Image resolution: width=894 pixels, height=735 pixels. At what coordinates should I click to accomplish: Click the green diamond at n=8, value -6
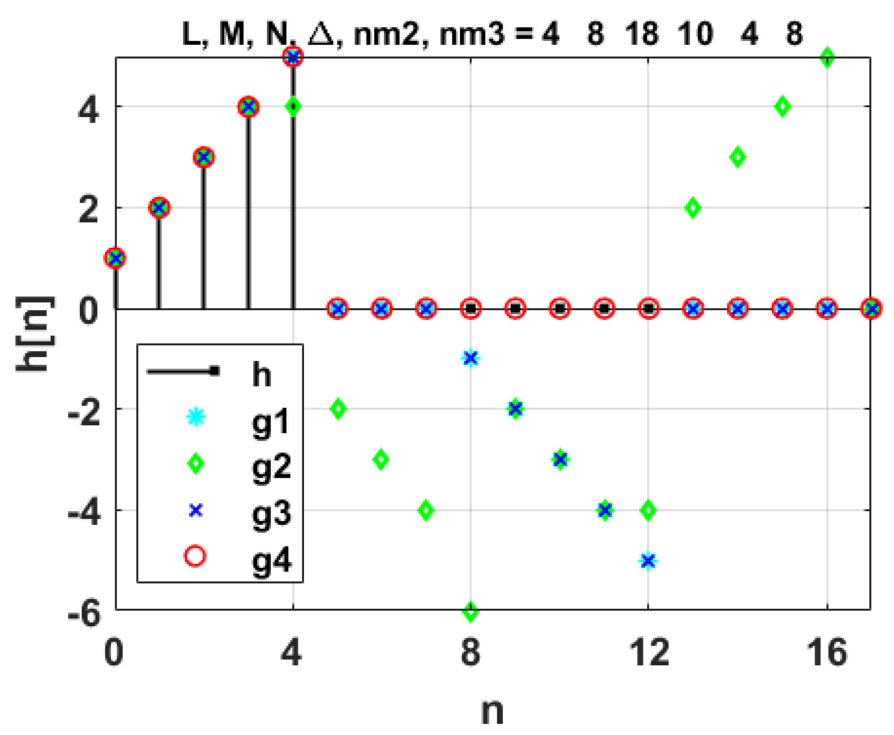(x=471, y=612)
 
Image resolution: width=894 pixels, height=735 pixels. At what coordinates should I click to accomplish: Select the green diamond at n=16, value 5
(x=827, y=58)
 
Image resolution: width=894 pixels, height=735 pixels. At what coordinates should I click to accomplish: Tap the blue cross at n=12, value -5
(x=648, y=560)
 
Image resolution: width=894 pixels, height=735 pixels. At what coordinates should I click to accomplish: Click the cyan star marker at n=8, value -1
(x=471, y=358)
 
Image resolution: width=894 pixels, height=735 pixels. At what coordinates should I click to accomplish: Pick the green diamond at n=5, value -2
(x=338, y=409)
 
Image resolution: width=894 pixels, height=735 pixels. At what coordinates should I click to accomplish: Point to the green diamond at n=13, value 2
(x=693, y=208)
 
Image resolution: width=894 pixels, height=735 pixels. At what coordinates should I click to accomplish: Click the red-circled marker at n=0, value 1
(x=115, y=258)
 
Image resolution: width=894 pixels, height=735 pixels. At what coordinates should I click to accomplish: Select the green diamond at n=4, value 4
(x=293, y=107)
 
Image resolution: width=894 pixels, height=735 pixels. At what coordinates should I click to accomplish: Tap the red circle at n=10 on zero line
(x=560, y=308)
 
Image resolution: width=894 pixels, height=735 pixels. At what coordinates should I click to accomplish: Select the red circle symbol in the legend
(x=195, y=556)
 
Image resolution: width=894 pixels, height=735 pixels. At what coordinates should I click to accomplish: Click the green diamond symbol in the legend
(x=195, y=463)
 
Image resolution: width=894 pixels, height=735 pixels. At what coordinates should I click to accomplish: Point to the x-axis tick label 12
(x=648, y=652)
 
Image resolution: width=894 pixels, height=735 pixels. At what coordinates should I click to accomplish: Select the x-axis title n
(x=492, y=710)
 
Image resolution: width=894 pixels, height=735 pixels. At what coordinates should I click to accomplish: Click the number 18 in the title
(x=641, y=33)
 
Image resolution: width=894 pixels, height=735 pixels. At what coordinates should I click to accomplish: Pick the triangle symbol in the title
(x=321, y=33)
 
